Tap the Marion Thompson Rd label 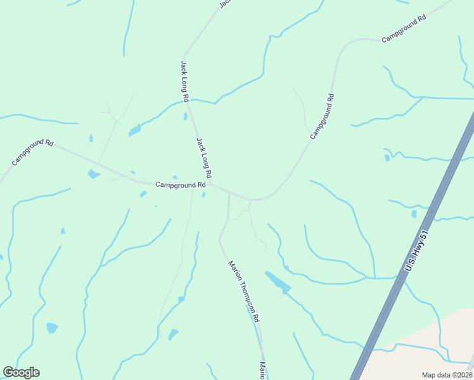tap(245, 292)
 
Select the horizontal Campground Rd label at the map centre tap(181, 185)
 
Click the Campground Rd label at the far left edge tap(32, 152)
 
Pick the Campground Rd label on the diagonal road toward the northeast tap(322, 117)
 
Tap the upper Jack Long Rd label tap(184, 81)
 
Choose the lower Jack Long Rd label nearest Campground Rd tap(203, 158)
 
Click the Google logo tap(21, 372)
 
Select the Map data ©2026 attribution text tap(447, 375)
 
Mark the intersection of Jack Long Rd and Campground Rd tap(211, 185)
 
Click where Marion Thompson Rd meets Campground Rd tap(229, 193)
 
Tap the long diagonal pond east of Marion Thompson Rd tap(278, 282)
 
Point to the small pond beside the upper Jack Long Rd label tap(185, 116)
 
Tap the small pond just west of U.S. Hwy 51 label tap(414, 214)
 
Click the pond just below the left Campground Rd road tap(93, 174)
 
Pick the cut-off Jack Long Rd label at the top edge tap(224, 3)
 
